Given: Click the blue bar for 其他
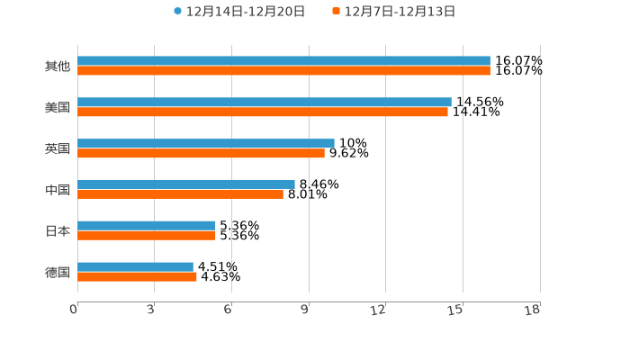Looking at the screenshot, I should pos(283,61).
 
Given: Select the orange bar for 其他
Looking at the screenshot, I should pos(283,70).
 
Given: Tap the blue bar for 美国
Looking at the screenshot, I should pos(265,103).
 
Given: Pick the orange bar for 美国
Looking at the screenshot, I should pos(263,112).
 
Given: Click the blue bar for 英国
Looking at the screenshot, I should pos(206,143).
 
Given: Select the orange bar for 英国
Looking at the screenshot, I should pos(201,153).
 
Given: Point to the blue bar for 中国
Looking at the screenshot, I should pos(186,184).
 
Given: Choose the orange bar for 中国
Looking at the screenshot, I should pos(180,193).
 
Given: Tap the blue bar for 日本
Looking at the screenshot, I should pos(147,226).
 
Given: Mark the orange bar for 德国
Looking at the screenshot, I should pos(137,276).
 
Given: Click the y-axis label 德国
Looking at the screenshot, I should pos(58,272).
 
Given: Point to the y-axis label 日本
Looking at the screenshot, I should pos(58,230).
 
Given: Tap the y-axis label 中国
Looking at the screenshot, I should pos(58,190).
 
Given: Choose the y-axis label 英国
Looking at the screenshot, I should pos(58,148).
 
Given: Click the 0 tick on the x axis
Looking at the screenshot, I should pos(75,310).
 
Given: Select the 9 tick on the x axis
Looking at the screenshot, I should pos(306,310).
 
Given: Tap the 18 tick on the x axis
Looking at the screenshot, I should pos(534,310).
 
